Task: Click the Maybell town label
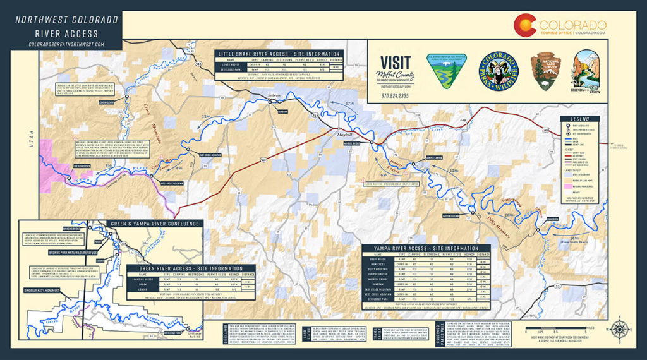pyautogui.click(x=346, y=135)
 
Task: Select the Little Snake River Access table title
pyautogui.click(x=280, y=54)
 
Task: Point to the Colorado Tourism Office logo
pyautogui.click(x=559, y=25)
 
